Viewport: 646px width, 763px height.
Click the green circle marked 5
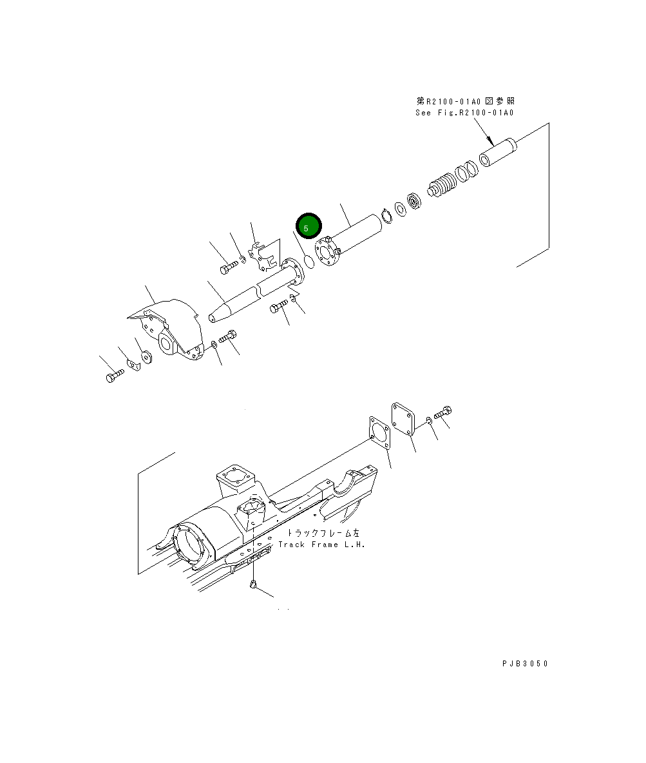click(307, 227)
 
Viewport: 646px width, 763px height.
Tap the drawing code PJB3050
click(526, 663)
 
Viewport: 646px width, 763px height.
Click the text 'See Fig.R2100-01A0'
click(464, 113)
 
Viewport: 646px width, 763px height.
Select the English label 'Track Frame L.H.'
click(321, 545)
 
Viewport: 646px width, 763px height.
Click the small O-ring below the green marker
click(309, 262)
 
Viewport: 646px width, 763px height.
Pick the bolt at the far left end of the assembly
click(114, 376)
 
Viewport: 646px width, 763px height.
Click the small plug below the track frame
click(254, 584)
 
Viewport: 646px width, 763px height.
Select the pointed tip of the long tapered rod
click(213, 316)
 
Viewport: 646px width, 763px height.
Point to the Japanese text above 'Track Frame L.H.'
click(324, 533)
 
